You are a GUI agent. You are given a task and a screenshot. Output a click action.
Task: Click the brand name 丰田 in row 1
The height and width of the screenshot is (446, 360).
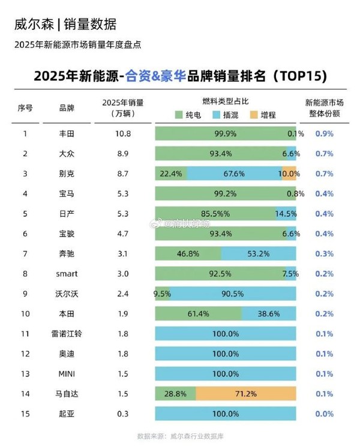coord(67,133)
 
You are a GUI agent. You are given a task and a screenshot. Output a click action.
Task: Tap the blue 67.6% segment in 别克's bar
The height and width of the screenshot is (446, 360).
coord(234,173)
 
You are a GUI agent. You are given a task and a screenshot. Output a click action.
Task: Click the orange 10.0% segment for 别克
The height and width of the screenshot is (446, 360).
coord(289,173)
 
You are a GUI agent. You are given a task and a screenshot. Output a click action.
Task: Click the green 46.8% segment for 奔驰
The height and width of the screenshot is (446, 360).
coord(188,253)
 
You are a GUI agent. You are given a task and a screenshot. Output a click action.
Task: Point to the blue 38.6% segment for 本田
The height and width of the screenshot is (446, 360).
coord(269,313)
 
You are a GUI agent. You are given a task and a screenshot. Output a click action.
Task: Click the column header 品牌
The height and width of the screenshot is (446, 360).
coord(67,108)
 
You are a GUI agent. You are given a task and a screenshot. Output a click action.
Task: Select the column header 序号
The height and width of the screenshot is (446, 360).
coord(25,108)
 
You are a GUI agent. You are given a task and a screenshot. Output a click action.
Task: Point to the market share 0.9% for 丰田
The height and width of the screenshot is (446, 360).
coord(325,133)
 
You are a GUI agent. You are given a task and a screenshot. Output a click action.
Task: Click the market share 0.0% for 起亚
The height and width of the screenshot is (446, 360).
coord(325,414)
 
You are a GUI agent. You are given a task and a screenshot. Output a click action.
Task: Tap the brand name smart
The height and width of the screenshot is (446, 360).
coord(67,274)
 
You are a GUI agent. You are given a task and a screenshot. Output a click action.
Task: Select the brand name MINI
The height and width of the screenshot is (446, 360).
coord(67,373)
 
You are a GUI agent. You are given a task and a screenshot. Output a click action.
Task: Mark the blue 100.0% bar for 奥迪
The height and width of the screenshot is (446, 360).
coord(226,354)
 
